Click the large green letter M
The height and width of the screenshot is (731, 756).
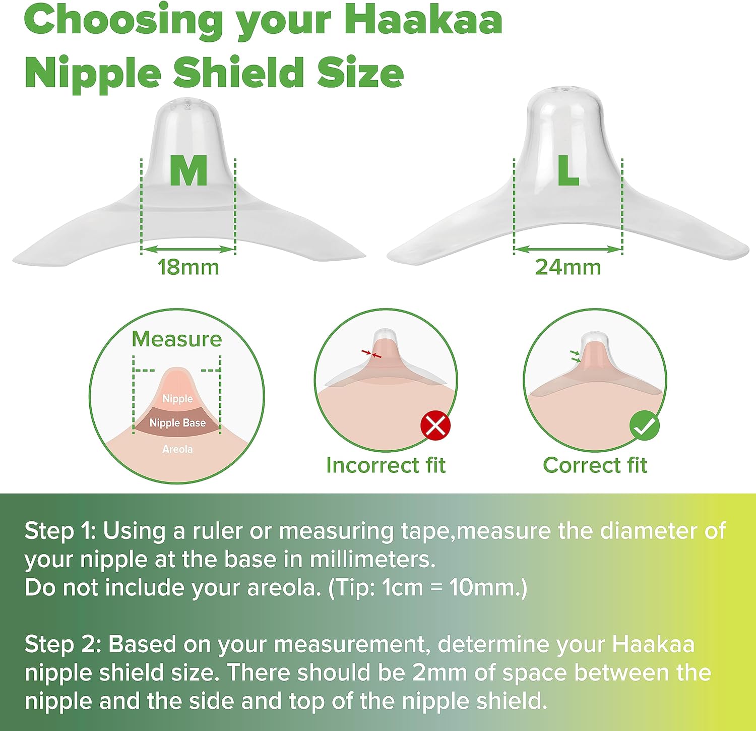pos(188,170)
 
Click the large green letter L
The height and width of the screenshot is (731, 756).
pos(568,170)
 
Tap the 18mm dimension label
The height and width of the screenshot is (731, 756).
pos(188,267)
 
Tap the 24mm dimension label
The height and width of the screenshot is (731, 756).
pos(568,267)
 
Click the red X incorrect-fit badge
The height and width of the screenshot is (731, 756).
pos(435,425)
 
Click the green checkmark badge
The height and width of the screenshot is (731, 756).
pos(645,426)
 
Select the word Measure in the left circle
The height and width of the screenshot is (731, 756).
pos(177,339)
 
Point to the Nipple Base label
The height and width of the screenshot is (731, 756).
pos(177,422)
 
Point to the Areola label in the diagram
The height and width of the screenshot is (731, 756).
pos(177,449)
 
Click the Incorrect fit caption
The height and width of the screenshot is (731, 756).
pos(386,465)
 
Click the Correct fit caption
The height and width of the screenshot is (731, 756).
pos(595,465)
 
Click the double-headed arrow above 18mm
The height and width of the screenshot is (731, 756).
pos(188,249)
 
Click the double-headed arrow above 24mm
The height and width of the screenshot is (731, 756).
pos(568,249)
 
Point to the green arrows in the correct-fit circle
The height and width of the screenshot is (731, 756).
pos(576,355)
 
